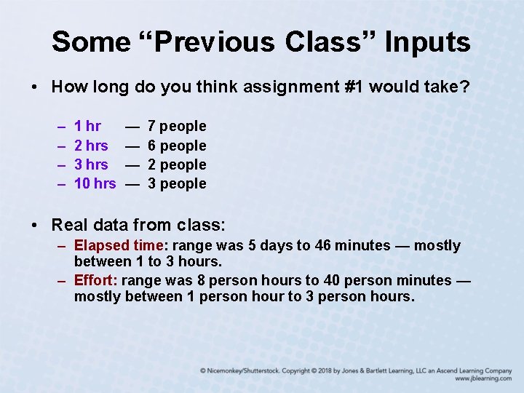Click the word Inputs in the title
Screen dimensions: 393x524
click(x=427, y=41)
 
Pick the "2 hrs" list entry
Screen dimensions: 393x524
click(x=91, y=146)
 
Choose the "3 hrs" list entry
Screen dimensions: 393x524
click(x=91, y=164)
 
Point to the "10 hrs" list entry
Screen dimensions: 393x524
click(x=95, y=183)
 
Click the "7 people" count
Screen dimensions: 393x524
click(x=177, y=127)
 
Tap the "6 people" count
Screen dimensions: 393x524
click(x=177, y=146)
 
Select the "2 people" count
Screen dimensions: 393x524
click(x=177, y=164)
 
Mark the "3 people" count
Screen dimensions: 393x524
click(x=177, y=183)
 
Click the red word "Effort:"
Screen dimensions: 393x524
click(x=96, y=280)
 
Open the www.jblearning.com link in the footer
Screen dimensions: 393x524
click(x=483, y=379)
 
